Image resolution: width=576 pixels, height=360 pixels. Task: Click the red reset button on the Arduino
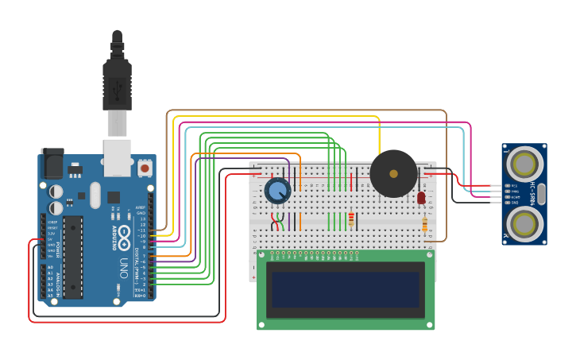click(145, 168)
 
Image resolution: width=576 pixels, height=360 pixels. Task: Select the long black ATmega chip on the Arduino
click(73, 256)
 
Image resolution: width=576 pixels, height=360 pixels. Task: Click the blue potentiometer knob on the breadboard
click(277, 191)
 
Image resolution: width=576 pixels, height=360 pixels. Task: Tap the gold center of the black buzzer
click(392, 173)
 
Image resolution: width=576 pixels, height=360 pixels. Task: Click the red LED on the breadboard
click(421, 197)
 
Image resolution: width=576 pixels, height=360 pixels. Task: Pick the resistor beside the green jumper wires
click(351, 219)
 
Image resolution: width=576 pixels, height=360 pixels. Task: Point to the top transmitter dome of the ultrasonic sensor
click(524, 165)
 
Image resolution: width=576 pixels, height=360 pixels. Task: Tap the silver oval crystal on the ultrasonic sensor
click(542, 194)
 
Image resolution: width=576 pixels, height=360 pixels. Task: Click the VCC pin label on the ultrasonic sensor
click(514, 185)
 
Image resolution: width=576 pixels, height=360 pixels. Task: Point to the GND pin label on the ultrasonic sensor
click(514, 203)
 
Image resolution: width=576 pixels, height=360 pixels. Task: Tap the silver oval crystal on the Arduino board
click(95, 195)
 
